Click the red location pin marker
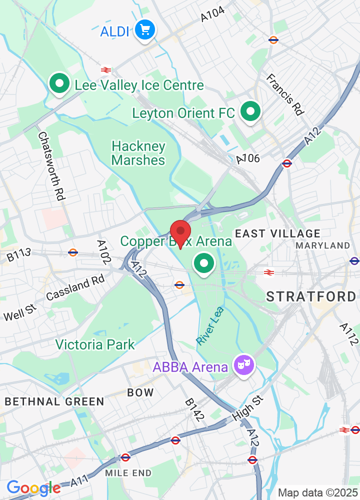click(180, 232)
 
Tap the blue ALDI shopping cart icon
click(145, 30)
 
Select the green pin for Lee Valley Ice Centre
click(59, 84)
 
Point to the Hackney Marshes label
click(138, 153)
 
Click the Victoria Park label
click(95, 344)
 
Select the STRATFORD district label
click(311, 296)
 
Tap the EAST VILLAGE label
click(277, 233)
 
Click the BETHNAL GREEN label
click(54, 401)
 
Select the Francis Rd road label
click(285, 94)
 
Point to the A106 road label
click(248, 159)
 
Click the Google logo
click(33, 487)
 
